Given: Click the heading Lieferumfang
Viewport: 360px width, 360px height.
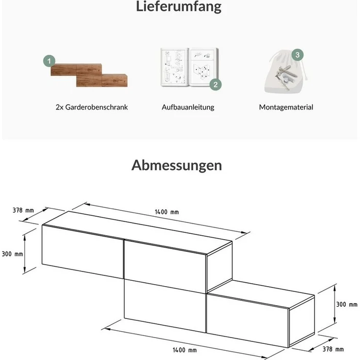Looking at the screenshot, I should point(180,7).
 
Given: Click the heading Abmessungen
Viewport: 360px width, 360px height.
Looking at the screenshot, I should point(177,165).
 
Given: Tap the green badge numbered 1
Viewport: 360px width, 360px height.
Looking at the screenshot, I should point(48,61).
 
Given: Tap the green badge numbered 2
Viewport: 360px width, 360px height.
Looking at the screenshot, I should point(215,84).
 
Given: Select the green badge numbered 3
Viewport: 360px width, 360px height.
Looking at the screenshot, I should point(297,55).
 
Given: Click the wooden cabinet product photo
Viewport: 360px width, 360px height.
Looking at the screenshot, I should point(89,74).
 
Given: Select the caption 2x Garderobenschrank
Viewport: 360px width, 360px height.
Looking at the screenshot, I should point(91,107).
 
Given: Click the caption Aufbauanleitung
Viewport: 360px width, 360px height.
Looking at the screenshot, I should point(188,107).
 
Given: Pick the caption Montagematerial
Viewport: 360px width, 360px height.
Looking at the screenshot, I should point(286,107).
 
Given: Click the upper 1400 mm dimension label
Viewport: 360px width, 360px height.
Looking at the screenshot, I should point(167,212).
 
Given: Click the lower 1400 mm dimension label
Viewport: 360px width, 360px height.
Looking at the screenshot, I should point(184,350).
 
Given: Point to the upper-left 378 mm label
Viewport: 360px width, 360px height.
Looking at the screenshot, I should point(23,210).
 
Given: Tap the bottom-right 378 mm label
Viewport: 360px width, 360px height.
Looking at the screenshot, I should point(333,349).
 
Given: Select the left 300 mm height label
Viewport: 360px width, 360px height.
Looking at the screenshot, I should point(12,254).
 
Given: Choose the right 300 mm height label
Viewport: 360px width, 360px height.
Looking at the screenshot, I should point(347,304).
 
